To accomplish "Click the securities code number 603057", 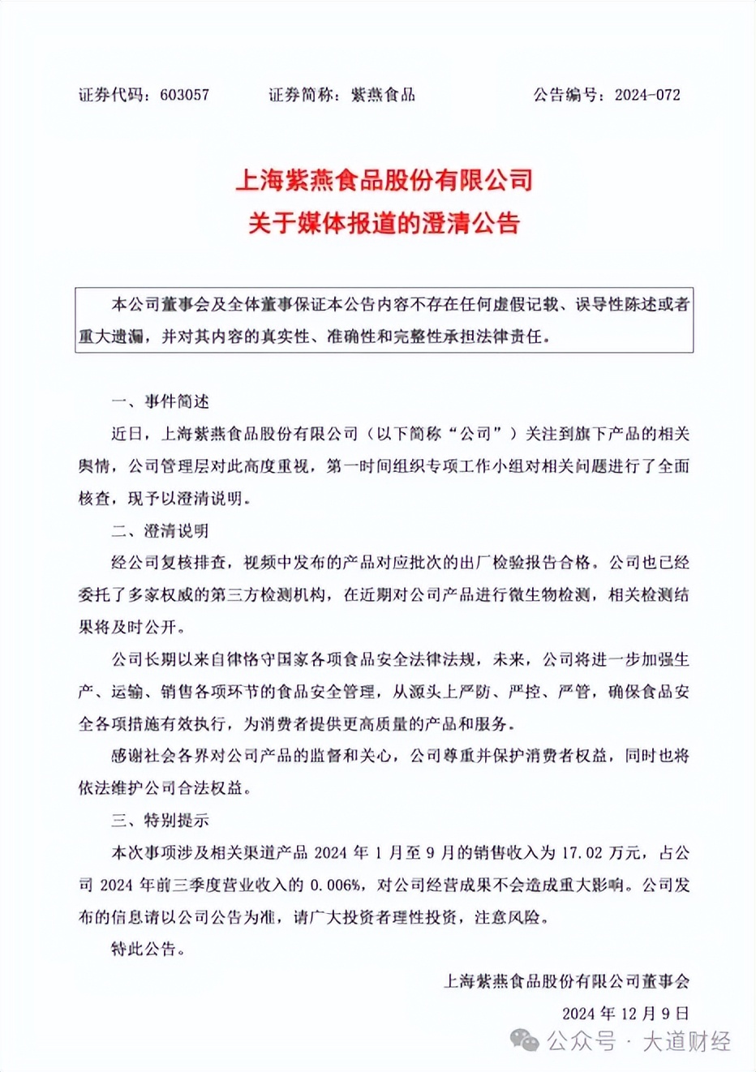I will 185,95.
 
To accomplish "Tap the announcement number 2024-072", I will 647,95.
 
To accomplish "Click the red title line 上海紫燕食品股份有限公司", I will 384,180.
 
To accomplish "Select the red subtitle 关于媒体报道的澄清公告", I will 384,223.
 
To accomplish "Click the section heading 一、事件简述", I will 160,401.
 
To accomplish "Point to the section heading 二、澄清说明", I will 160,531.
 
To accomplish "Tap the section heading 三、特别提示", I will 160,820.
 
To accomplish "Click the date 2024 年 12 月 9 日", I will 625,1013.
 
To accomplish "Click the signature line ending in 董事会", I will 566,981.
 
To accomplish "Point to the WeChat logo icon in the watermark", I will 524,1040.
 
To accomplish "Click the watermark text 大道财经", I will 686,1041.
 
